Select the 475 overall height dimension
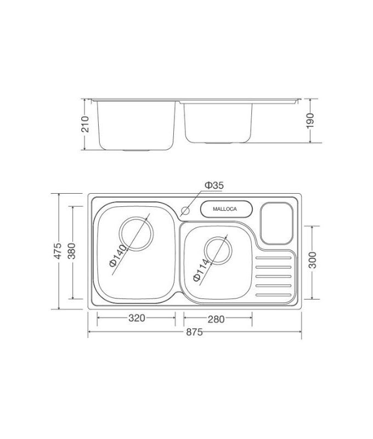coord(54,251)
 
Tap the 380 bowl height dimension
coord(71,252)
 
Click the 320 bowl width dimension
coord(136,318)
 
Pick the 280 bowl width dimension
coord(218,318)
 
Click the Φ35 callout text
coord(214,186)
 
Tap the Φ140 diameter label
coord(118,256)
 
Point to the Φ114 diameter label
coord(203,269)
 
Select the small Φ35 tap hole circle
coord(185,210)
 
